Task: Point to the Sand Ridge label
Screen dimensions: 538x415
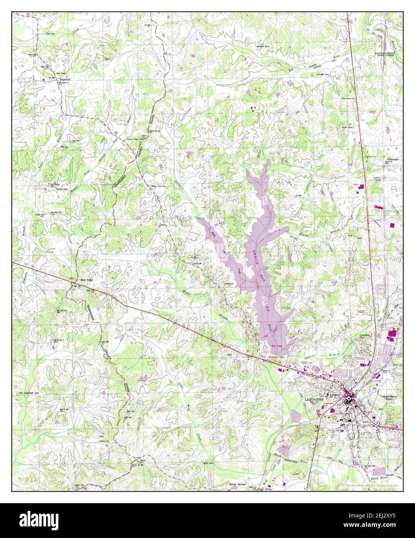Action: coord(86,279)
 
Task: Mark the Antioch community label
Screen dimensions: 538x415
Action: coord(198,263)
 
